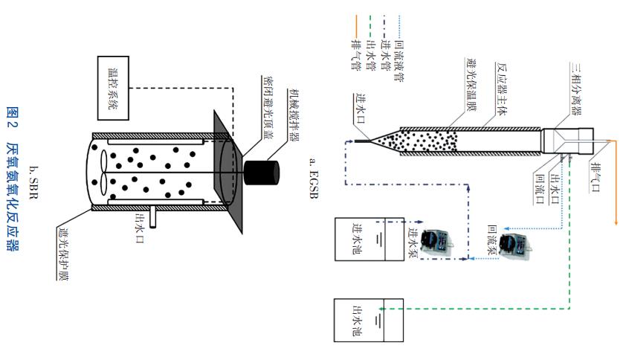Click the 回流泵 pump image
(513, 244)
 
